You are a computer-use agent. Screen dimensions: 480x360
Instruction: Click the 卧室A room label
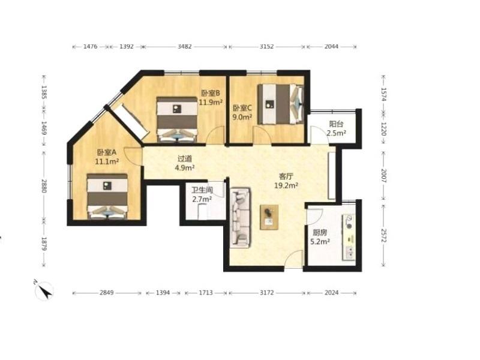click(x=107, y=152)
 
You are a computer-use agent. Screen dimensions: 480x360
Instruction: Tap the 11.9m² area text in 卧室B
click(x=211, y=102)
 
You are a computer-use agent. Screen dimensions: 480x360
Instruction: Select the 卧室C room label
click(x=242, y=108)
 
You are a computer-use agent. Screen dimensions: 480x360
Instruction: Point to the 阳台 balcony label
click(x=336, y=124)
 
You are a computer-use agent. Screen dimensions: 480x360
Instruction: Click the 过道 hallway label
click(x=185, y=158)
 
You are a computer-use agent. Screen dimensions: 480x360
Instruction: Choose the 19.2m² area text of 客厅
click(x=286, y=185)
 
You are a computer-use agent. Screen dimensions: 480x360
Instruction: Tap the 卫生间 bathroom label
click(x=202, y=190)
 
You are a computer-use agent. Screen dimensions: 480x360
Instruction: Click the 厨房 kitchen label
click(x=320, y=233)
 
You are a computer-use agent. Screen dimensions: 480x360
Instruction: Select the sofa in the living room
click(x=241, y=217)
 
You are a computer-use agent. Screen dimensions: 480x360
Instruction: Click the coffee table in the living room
click(x=269, y=217)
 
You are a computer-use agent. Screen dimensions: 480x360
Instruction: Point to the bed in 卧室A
click(x=107, y=197)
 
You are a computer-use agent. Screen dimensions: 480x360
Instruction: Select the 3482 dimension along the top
click(x=185, y=47)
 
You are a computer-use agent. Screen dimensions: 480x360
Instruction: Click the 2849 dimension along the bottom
click(x=107, y=293)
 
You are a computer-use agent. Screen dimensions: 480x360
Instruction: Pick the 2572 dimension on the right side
click(x=384, y=235)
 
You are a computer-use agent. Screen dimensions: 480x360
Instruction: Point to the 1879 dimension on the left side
click(x=44, y=244)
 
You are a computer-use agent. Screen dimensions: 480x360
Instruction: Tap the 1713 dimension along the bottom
click(x=206, y=293)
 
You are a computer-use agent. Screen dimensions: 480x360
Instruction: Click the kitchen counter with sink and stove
click(x=349, y=237)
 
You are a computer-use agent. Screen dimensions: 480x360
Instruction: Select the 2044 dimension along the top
click(x=332, y=47)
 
